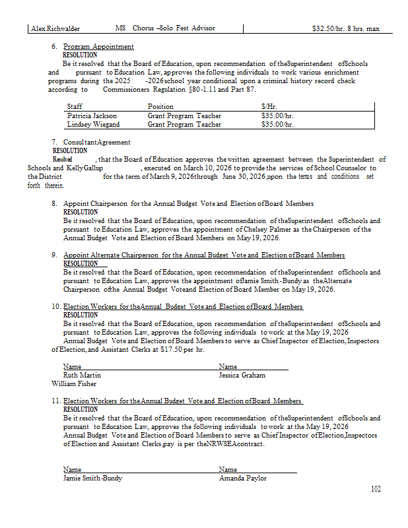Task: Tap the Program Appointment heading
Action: [98, 47]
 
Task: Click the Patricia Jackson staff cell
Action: [92, 115]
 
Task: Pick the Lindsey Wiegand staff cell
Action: [93, 124]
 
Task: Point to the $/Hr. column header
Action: [269, 106]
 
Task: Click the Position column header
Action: [160, 106]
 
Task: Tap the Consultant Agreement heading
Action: [97, 142]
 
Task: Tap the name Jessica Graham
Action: [242, 375]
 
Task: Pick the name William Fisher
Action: [74, 383]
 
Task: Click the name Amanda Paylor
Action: [243, 478]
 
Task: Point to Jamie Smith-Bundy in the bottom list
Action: [92, 478]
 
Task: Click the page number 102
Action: [376, 489]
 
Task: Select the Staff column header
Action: [75, 106]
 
